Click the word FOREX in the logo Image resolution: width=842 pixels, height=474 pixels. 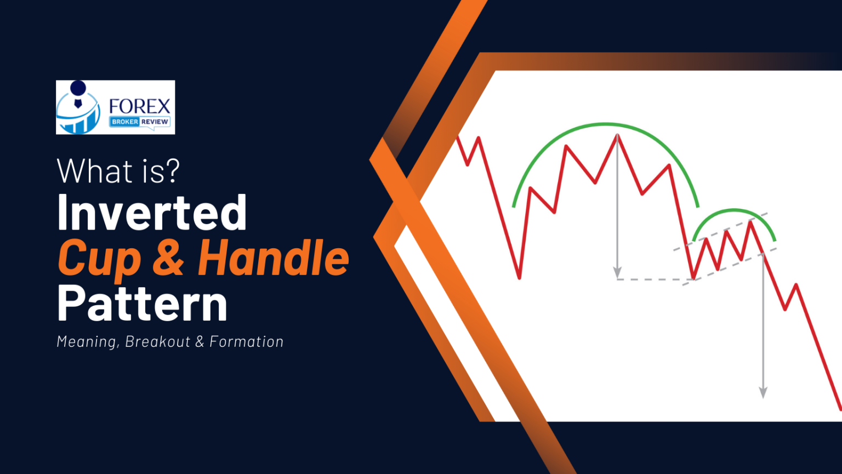140,106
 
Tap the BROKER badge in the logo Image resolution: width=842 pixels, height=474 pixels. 124,122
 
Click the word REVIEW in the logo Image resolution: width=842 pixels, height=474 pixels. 155,122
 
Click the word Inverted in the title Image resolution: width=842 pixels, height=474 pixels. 152,213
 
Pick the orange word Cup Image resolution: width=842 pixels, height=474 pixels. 99,259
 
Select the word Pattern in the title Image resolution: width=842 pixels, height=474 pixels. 142,304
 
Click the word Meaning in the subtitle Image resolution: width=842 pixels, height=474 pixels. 86,342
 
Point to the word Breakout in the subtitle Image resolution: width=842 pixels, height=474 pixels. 157,342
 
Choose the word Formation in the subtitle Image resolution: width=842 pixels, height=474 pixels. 246,342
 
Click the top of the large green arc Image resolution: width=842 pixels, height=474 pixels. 606,124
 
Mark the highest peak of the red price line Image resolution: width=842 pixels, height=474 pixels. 617,135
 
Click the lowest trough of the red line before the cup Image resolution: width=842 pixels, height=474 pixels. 519,277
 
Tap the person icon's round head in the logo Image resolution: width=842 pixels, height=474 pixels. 78,88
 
